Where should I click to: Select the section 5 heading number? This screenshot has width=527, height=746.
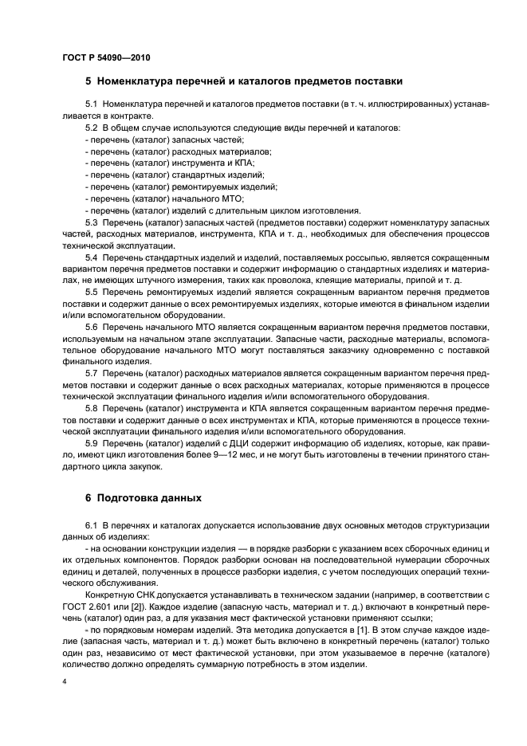pos(88,80)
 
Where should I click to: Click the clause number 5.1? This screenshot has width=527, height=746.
pos(91,104)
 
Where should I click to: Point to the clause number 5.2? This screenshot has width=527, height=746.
pos(91,127)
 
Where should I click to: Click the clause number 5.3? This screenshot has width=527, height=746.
pos(91,222)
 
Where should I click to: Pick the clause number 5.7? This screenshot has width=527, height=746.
pos(91,374)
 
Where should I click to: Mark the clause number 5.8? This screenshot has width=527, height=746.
pos(91,409)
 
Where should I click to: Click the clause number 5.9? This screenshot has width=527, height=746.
pos(91,443)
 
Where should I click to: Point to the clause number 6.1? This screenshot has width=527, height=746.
pos(91,527)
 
